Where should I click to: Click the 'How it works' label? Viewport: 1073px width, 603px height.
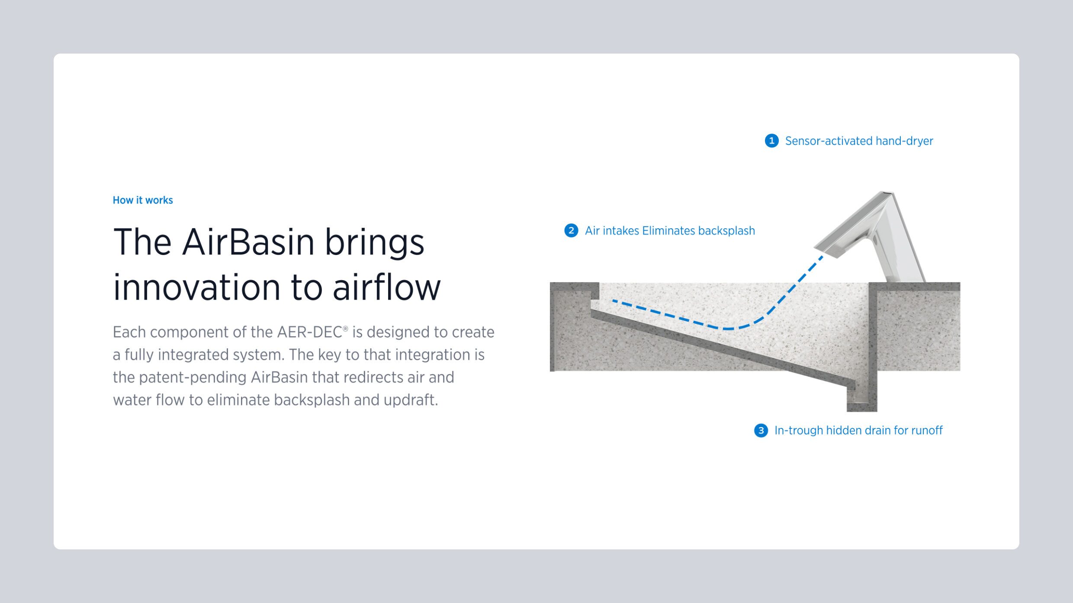coord(143,200)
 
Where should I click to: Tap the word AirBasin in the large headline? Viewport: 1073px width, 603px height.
coord(248,242)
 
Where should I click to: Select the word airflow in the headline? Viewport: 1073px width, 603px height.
coord(387,287)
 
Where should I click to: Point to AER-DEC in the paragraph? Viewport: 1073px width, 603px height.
coord(310,332)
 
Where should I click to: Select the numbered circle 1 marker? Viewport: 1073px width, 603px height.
coord(771,141)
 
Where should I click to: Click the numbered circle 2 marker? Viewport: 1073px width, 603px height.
coord(571,231)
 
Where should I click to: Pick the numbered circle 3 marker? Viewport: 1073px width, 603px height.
coord(761,431)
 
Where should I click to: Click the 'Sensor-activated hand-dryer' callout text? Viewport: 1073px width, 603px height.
coord(859,141)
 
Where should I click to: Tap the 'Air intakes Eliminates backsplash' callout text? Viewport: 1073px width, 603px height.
coord(670,231)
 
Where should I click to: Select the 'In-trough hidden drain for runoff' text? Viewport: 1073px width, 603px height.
coord(858,431)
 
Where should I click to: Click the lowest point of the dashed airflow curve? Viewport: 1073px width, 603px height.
coord(729,329)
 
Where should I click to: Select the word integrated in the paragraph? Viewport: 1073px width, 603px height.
coord(195,355)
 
